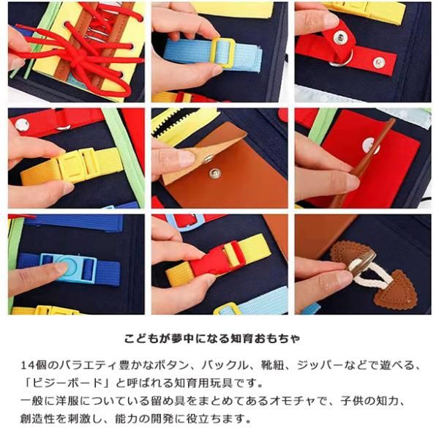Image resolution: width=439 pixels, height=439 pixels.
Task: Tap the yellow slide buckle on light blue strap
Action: (x=223, y=53)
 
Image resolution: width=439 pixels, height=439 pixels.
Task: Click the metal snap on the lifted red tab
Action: (x=340, y=38)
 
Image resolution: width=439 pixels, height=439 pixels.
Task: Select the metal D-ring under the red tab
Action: (x=342, y=60)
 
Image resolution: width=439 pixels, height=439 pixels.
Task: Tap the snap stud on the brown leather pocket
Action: (x=214, y=173)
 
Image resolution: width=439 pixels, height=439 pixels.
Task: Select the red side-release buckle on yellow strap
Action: (x=218, y=259)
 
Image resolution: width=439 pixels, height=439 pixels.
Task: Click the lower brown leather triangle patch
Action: (x=395, y=290)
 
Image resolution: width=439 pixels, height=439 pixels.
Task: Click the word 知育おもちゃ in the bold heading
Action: (x=265, y=339)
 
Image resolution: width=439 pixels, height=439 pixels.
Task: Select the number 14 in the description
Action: (x=28, y=365)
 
